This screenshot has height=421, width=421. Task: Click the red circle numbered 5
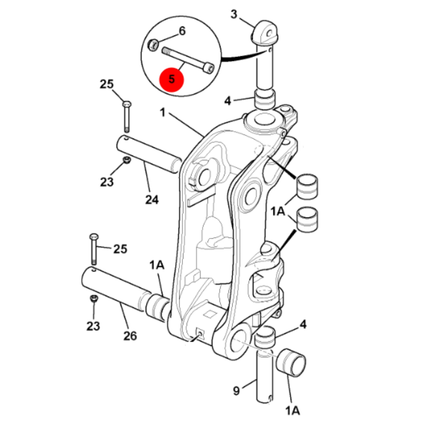coord(172,80)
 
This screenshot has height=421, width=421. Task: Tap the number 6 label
coord(182,31)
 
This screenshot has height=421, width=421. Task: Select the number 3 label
coord(234,15)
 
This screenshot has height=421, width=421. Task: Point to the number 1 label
coord(163,112)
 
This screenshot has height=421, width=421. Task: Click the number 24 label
coord(152,200)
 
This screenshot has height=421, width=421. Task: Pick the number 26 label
coord(130,336)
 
